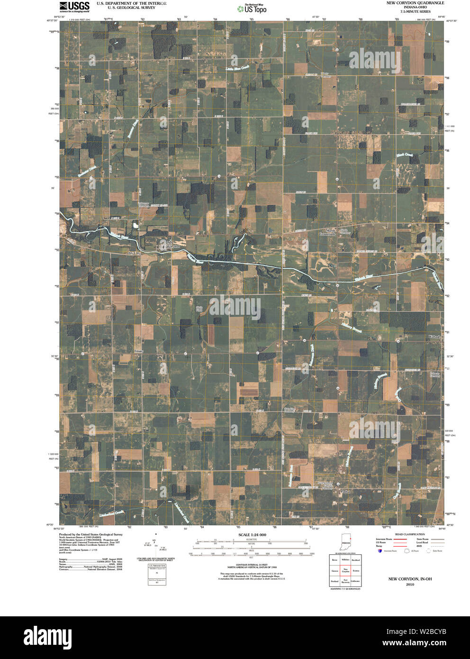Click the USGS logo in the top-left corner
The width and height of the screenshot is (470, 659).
74,6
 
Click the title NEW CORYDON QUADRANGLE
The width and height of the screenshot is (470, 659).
408,3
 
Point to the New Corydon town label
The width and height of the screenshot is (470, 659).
173,245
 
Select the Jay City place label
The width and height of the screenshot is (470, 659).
135,253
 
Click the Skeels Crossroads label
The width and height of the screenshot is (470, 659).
327,232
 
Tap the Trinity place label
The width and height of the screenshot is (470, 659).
138,351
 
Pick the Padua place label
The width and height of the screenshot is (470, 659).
345,492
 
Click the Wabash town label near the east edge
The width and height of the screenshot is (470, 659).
434,337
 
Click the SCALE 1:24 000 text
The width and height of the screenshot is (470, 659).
252,535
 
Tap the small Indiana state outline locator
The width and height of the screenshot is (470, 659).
346,543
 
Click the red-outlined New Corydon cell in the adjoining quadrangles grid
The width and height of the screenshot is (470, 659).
346,571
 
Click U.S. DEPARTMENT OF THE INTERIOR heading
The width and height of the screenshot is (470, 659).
131,3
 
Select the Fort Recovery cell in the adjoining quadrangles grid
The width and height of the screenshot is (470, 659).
346,581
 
